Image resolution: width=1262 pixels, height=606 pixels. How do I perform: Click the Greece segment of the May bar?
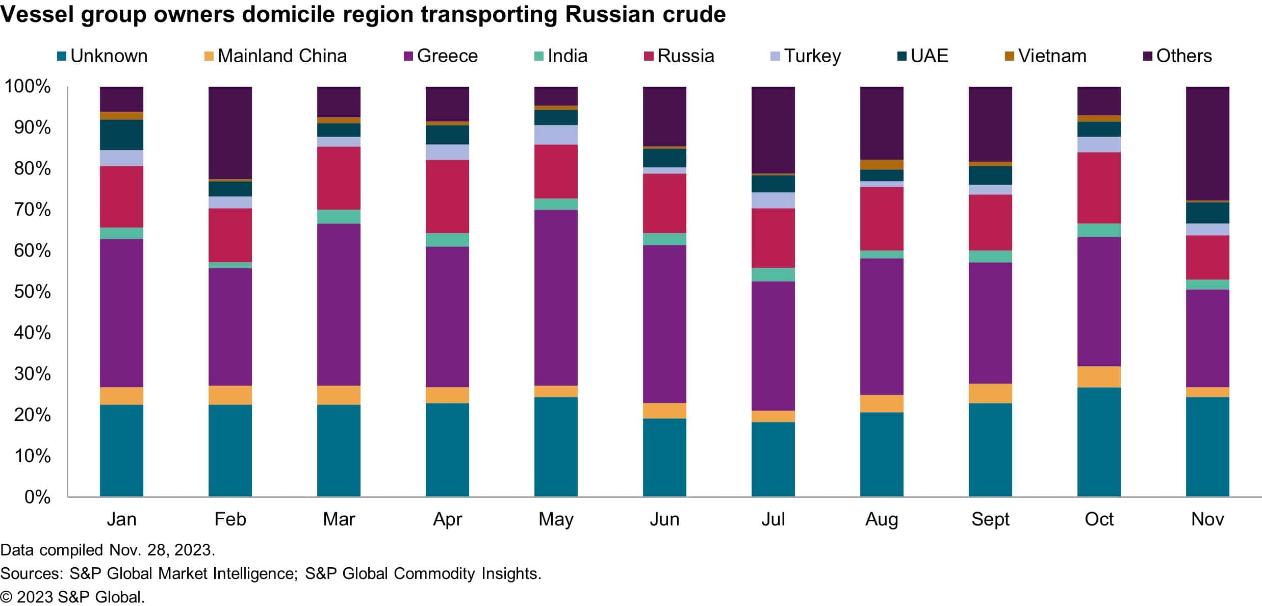556,297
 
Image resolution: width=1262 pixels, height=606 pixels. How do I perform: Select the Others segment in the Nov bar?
1207,143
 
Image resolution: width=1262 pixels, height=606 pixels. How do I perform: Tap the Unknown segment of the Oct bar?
1099,442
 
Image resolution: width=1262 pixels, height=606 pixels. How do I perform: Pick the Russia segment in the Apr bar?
447,196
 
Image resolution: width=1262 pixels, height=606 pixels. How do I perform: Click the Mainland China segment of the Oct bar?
1099,377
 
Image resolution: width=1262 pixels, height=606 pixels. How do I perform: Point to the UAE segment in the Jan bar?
121,135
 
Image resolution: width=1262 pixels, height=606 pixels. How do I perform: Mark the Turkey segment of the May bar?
556,135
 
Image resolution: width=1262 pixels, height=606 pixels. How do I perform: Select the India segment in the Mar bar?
339,217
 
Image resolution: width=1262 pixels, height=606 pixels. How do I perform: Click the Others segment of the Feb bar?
230,133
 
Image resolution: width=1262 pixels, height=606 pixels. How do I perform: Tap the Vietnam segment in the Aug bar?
882,165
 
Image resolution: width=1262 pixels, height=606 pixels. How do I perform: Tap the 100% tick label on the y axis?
28,87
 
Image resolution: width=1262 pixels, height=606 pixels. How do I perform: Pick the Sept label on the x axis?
990,519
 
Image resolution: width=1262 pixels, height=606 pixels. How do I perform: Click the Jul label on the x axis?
773,519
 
